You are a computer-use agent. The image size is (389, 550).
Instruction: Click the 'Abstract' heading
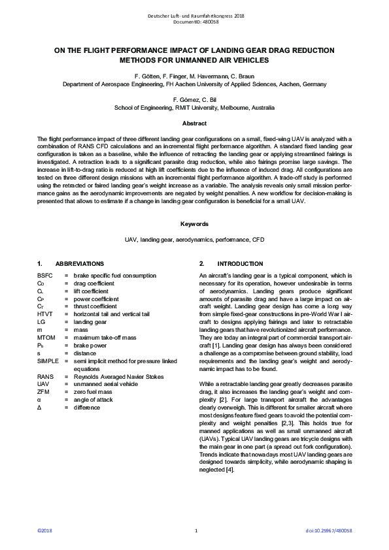point(194,124)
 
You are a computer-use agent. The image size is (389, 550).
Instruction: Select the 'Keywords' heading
point(194,224)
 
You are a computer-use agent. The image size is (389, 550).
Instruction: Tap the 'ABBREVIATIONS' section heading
point(75,263)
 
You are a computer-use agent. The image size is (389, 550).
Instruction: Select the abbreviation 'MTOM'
point(46,337)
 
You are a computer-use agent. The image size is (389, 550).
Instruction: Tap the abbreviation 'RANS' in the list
point(46,377)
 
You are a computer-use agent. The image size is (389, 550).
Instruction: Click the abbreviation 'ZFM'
point(44,392)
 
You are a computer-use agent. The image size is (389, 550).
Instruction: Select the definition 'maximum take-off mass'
point(105,337)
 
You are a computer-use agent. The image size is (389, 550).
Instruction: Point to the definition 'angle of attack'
point(95,400)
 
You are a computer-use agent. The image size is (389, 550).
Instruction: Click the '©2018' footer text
point(44,530)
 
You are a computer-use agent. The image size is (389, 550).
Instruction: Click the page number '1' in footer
point(195,530)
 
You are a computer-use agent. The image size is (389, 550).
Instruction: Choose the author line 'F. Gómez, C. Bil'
point(194,99)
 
